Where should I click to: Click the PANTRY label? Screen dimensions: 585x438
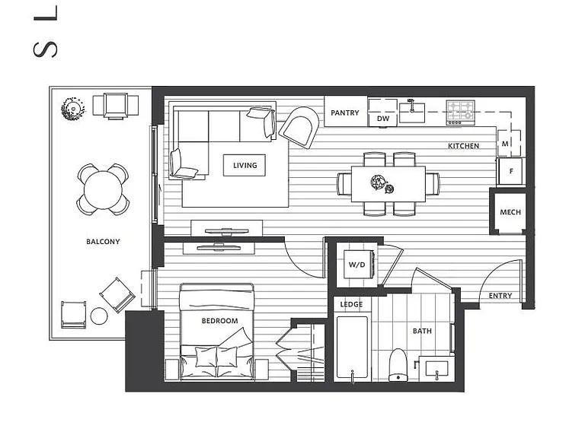[x=345, y=113]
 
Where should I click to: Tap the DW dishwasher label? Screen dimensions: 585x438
[x=383, y=119]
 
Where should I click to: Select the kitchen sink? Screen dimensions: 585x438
[x=412, y=113]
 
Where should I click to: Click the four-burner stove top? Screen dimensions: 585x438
[x=461, y=113]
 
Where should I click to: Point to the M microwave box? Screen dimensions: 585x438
[x=509, y=144]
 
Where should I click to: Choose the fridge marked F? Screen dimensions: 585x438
[x=511, y=171]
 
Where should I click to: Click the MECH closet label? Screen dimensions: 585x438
[x=510, y=212]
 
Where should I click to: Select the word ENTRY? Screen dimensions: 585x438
[x=500, y=296]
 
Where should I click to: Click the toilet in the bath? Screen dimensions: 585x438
[x=398, y=365]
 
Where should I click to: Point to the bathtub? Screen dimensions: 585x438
[x=352, y=348]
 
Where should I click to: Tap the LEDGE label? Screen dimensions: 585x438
[x=351, y=305]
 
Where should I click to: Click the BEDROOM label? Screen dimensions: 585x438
[x=219, y=321]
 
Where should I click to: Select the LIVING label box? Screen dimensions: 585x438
[x=245, y=165]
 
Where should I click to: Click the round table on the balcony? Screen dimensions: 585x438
[x=103, y=190]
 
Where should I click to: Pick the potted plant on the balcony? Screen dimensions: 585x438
[x=73, y=109]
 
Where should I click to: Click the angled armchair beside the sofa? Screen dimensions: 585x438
[x=299, y=128]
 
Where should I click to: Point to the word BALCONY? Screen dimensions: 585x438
[x=103, y=242]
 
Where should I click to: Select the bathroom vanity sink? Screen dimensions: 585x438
[x=437, y=369]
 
